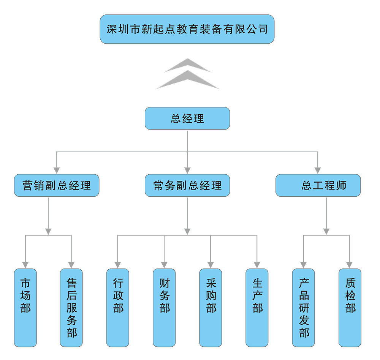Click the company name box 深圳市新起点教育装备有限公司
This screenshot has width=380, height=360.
click(x=187, y=29)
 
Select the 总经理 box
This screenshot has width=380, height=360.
click(x=187, y=118)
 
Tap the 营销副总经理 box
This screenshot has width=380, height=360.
click(x=57, y=185)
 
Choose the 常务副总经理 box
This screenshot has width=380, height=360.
click(x=187, y=185)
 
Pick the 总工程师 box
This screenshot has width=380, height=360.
click(x=318, y=185)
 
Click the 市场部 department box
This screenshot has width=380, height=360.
click(x=25, y=308)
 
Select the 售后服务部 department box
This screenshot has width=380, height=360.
click(x=71, y=308)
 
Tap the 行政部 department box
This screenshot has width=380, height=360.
click(x=118, y=308)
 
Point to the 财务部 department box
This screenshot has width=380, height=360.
click(x=164, y=308)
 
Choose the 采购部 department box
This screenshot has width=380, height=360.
click(x=211, y=308)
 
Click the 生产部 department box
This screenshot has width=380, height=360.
click(x=257, y=308)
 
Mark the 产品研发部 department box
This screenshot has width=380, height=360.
click(x=304, y=308)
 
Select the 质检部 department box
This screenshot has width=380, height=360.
click(x=350, y=308)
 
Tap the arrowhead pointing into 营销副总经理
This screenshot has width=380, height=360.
click(x=57, y=170)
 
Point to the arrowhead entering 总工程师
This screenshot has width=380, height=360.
click(x=318, y=170)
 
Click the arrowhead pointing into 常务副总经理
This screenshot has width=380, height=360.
click(x=187, y=170)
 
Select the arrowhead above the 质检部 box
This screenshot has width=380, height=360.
click(x=350, y=265)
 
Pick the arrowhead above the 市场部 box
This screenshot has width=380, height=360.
click(x=25, y=265)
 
